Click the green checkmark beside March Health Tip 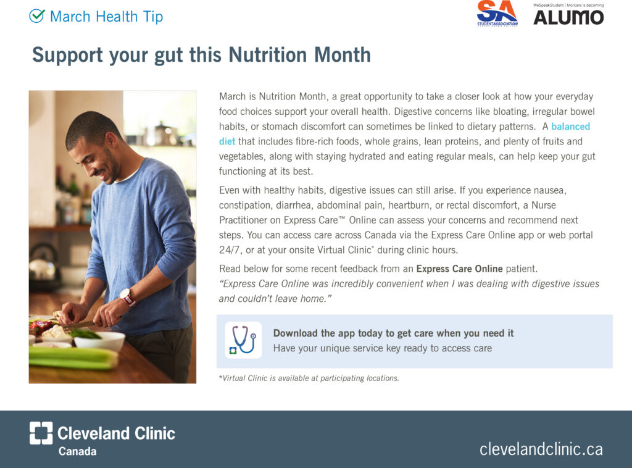pos(36,15)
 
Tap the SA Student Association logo pos(497,14)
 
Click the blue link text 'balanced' pos(570,127)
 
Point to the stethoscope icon pos(243,340)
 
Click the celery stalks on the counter pos(73,357)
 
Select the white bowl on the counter pos(99,341)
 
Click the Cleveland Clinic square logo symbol pos(41,433)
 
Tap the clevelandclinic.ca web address pos(541,449)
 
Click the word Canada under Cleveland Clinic pos(77,451)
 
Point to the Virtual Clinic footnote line pos(309,378)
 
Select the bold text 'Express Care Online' pos(459,269)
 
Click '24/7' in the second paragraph pos(230,250)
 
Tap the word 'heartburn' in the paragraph pos(409,205)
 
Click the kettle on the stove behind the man pos(43,264)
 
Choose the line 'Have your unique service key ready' pos(383,348)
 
